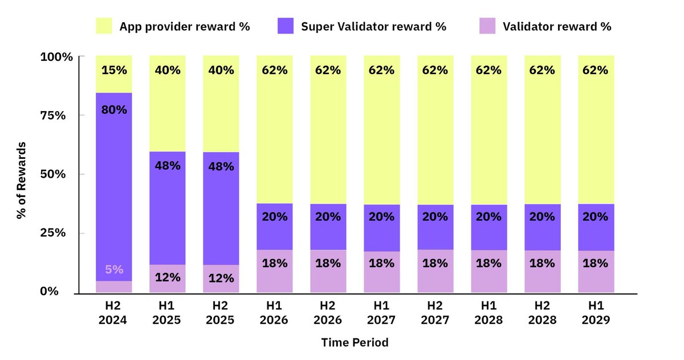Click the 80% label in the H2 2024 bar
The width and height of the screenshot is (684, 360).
point(114,110)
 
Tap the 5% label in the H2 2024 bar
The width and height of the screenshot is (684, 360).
point(114,269)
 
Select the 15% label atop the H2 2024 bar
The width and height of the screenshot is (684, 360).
point(114,71)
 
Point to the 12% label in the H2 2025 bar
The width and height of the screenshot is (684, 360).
point(221,278)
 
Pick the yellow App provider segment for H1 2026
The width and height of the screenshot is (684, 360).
point(274,142)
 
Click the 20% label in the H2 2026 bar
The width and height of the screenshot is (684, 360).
point(328,216)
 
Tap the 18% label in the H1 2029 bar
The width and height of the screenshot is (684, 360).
point(596,264)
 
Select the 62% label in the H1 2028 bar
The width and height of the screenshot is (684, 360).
point(488,71)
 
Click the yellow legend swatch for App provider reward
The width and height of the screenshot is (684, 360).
point(104,26)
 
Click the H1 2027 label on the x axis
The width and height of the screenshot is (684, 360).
point(381,313)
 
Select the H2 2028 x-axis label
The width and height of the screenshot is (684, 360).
point(542,313)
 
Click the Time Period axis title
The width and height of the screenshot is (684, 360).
point(355,343)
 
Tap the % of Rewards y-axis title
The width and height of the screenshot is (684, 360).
point(21,174)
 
